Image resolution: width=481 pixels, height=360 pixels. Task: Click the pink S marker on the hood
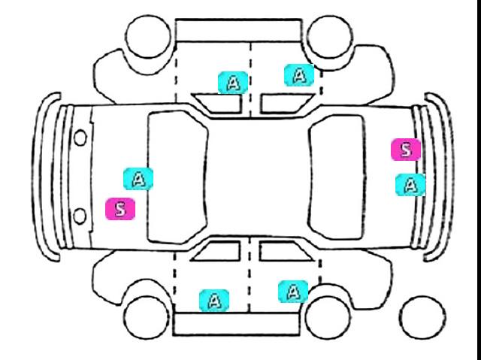120,208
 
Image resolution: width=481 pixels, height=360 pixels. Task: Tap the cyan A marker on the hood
138,178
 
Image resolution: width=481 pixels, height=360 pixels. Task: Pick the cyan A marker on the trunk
410,184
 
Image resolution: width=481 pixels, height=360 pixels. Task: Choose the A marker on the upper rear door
299,74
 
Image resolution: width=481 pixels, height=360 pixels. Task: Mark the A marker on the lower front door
214,301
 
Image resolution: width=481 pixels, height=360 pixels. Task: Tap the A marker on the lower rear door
293,290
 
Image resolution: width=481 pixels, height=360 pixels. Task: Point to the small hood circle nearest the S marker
80,216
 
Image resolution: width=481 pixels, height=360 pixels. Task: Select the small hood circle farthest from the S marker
80,138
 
